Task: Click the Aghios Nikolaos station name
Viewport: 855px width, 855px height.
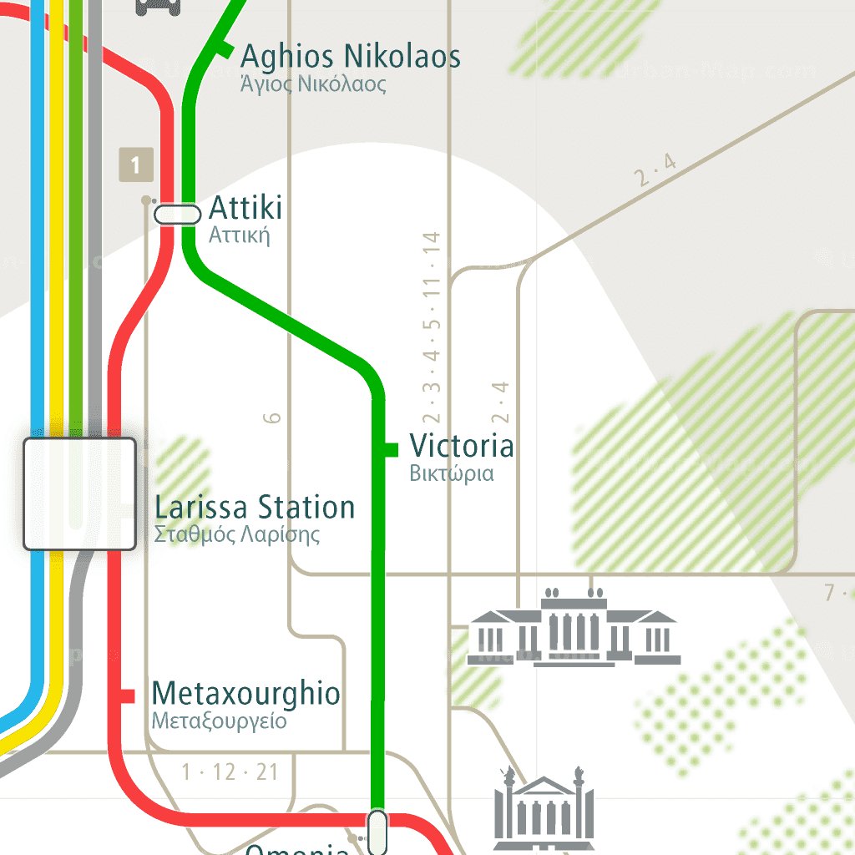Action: click(350, 57)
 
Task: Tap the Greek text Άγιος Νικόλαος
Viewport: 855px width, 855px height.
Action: click(313, 84)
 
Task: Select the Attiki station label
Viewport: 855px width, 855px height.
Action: click(245, 207)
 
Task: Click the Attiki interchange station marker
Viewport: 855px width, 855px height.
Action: click(178, 215)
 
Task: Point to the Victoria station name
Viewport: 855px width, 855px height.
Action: click(461, 446)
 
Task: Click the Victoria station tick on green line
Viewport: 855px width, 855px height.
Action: click(388, 449)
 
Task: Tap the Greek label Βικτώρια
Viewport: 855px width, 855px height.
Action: click(452, 473)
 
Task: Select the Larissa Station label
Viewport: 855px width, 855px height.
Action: click(255, 508)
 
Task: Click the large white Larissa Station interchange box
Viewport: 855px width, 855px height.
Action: click(79, 493)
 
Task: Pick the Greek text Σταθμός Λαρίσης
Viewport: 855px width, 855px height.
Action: click(237, 534)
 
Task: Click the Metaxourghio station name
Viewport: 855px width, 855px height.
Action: click(245, 694)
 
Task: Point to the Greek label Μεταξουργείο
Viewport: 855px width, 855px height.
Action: click(219, 721)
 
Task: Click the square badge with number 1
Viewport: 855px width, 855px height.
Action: click(135, 164)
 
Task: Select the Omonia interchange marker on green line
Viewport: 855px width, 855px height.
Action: click(377, 831)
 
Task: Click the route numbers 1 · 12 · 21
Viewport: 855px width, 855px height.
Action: click(230, 772)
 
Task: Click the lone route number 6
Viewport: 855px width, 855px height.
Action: click(273, 417)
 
